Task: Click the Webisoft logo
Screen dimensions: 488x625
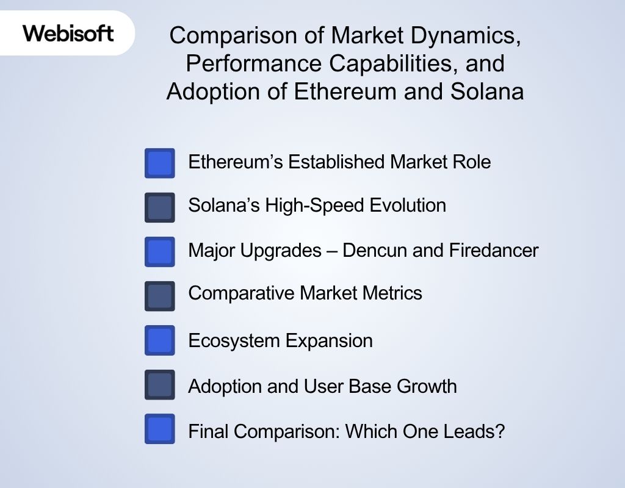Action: pyautogui.click(x=68, y=32)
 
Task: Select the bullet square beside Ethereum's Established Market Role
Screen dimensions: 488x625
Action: pyautogui.click(x=160, y=163)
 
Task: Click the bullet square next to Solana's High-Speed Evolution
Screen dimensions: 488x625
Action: pyautogui.click(x=160, y=207)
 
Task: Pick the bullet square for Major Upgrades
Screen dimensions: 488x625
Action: pyautogui.click(x=160, y=251)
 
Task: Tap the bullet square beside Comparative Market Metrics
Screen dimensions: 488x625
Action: pyautogui.click(x=160, y=296)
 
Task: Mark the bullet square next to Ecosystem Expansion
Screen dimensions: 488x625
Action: pyautogui.click(x=160, y=340)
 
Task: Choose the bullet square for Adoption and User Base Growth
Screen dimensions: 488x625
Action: pyautogui.click(x=160, y=384)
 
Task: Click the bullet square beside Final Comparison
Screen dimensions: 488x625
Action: pyautogui.click(x=160, y=429)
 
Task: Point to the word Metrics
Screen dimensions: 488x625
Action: pyautogui.click(x=391, y=293)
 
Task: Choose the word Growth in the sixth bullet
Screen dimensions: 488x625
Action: pyautogui.click(x=427, y=386)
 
